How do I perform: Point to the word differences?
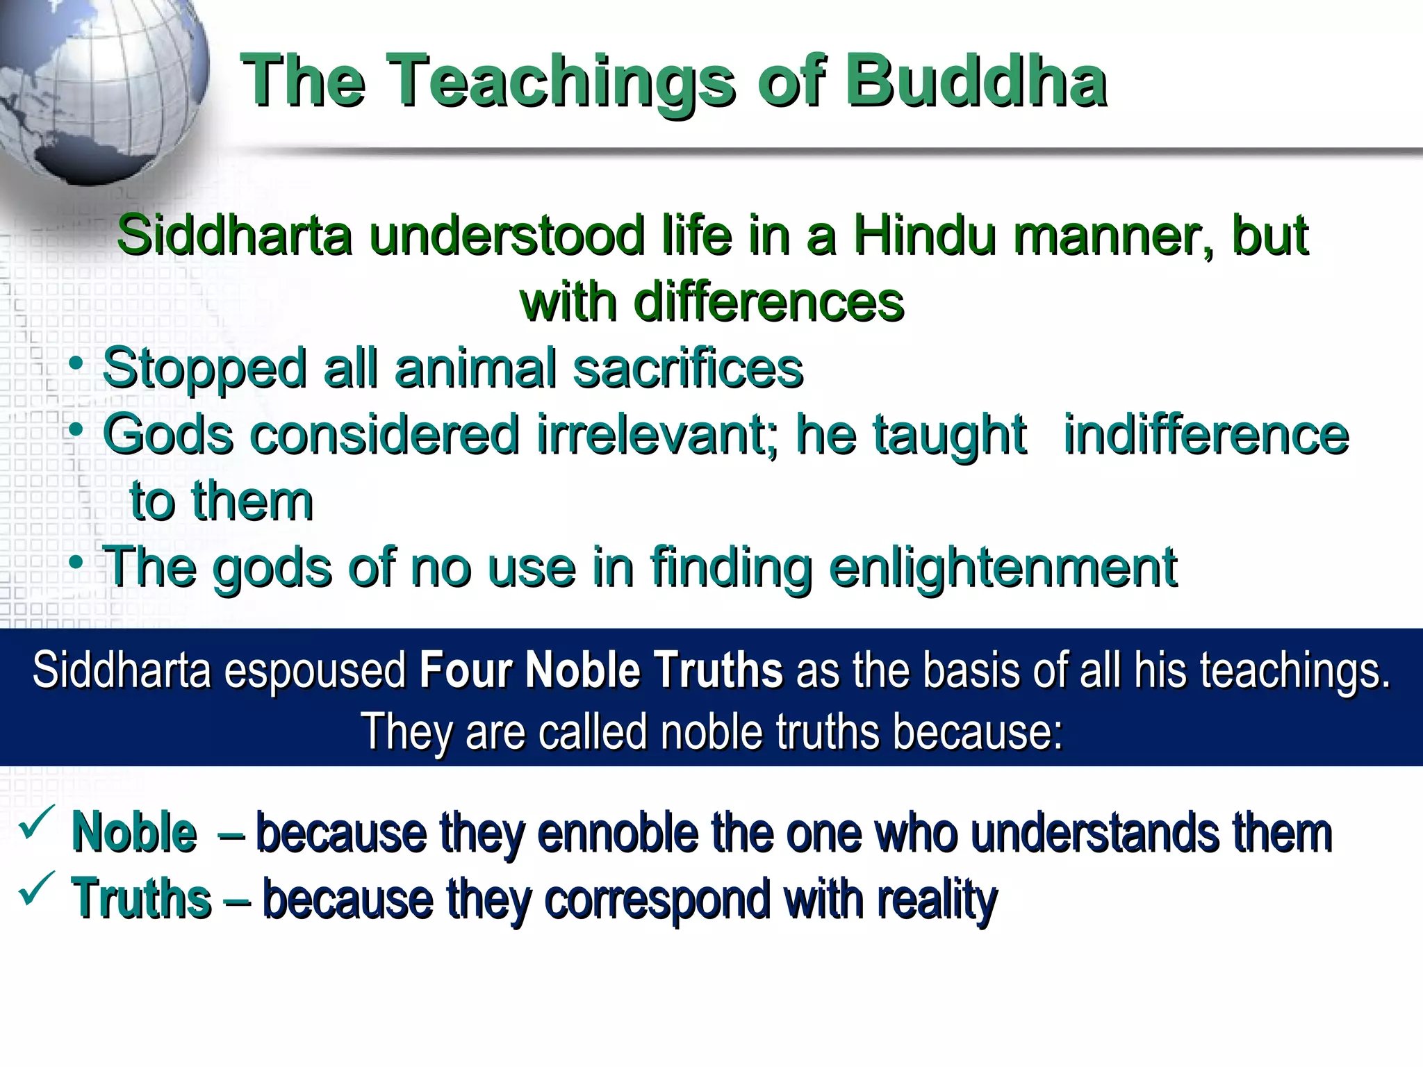(x=768, y=303)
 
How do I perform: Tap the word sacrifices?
(x=687, y=368)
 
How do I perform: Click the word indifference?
(x=1206, y=435)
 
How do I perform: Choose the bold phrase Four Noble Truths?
(x=601, y=671)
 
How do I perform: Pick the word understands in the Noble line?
(x=1094, y=832)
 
